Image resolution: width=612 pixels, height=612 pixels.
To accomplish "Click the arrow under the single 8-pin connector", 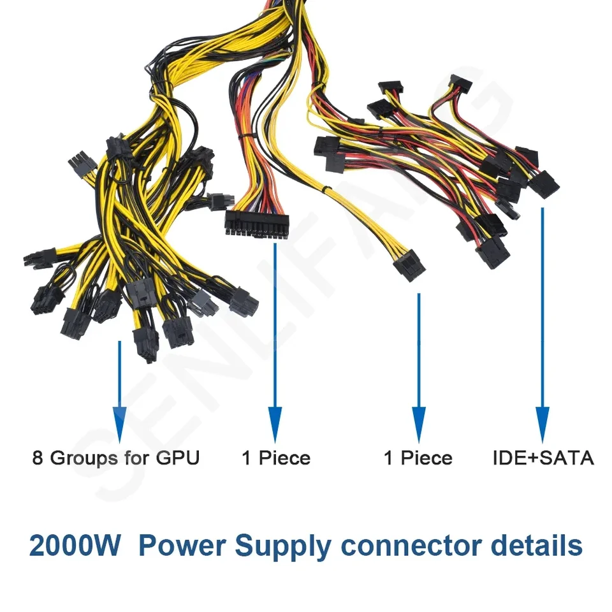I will (x=418, y=370).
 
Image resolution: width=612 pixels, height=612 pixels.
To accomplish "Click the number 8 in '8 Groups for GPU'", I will (x=38, y=458).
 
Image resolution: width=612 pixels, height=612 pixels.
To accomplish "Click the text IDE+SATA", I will (x=543, y=458).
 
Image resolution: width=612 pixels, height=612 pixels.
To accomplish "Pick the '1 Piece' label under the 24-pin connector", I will (x=275, y=458).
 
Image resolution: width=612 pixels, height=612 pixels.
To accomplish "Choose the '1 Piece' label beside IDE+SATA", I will (x=418, y=458).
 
